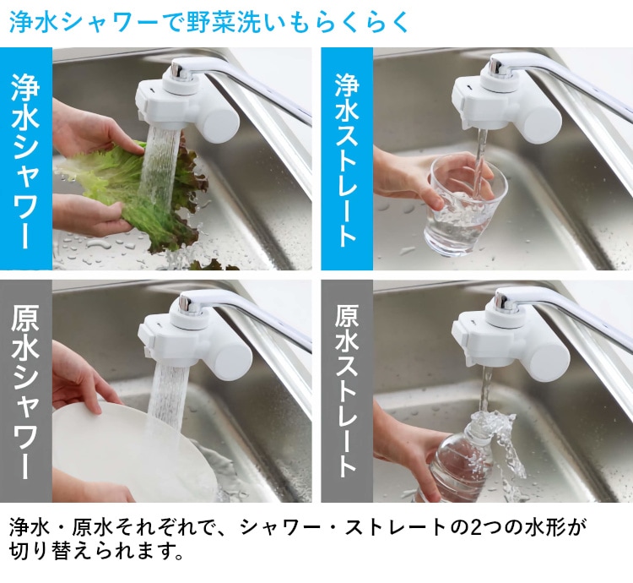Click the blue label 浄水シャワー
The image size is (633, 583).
click(26, 159)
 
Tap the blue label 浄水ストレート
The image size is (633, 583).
click(347, 159)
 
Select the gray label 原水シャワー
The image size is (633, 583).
click(26, 391)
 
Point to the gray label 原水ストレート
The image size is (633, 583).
click(347, 391)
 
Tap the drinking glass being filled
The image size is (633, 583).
click(464, 206)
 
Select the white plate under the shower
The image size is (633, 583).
click(133, 449)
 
